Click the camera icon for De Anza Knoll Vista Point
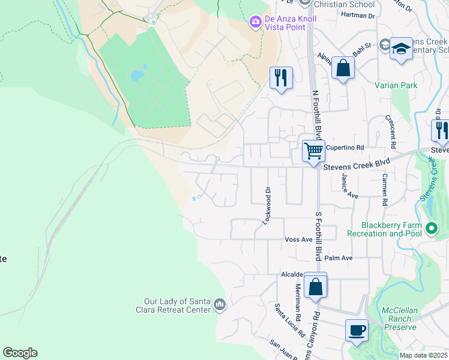tap(255, 22)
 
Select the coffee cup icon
tap(357, 330)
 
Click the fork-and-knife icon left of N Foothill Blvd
tap(281, 77)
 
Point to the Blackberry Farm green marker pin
tap(431, 228)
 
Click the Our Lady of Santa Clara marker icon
tap(220, 305)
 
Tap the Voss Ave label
tap(298, 239)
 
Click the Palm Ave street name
tap(339, 258)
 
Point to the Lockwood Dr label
tap(267, 205)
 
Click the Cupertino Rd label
tap(348, 147)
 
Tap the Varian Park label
tap(396, 86)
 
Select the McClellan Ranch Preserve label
tap(399, 319)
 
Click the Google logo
tap(20, 353)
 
